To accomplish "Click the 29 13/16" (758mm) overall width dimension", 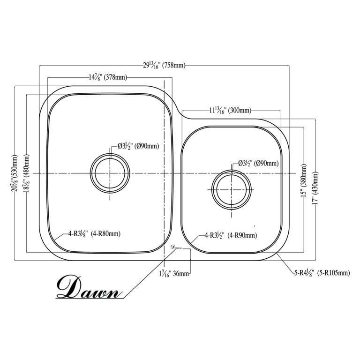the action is [164, 66].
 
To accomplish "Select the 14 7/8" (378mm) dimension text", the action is [108, 77].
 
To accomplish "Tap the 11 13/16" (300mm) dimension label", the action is [230, 111].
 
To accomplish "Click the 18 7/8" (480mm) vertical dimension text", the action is [26, 173].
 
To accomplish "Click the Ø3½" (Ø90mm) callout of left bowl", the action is [138, 146].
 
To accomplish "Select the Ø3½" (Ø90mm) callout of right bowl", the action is [258, 164].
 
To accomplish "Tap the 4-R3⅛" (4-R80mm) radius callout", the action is [94, 234].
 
